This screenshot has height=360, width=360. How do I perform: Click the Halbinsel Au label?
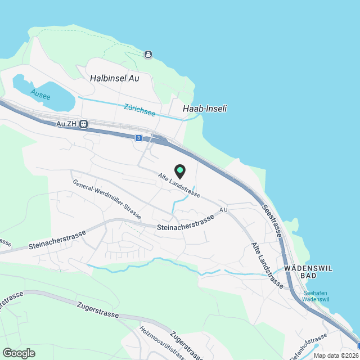click(114, 79)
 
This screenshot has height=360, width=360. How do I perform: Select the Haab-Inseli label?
click(205, 109)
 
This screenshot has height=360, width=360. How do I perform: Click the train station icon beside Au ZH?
click(83, 124)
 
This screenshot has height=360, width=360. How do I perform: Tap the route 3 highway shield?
click(138, 137)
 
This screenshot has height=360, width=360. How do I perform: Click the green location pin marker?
click(179, 170)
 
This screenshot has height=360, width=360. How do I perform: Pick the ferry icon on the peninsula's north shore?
click(147, 54)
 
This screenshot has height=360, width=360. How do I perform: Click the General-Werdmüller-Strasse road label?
click(107, 200)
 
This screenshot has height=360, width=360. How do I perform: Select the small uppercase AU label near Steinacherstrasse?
click(223, 210)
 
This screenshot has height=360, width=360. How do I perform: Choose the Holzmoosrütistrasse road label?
click(161, 341)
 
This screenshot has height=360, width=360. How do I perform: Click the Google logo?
click(19, 353)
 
